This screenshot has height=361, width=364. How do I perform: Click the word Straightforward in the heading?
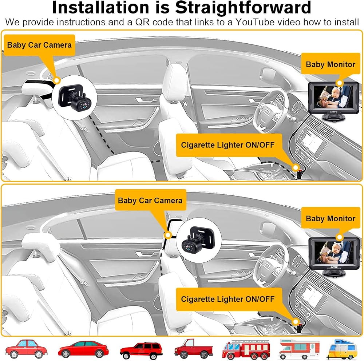243,8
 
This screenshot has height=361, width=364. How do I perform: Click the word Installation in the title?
100,7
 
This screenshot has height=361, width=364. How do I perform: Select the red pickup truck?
193,349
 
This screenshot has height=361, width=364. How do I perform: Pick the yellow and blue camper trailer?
342,349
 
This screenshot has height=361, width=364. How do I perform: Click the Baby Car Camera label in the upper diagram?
39,45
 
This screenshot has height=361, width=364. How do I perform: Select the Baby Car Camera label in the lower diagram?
150,200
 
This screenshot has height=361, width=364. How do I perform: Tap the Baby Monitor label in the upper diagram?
331,64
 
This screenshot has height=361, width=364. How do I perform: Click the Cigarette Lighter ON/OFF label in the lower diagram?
228,299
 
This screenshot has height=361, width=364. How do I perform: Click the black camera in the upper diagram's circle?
74,97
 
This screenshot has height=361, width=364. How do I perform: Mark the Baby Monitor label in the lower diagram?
331,218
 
